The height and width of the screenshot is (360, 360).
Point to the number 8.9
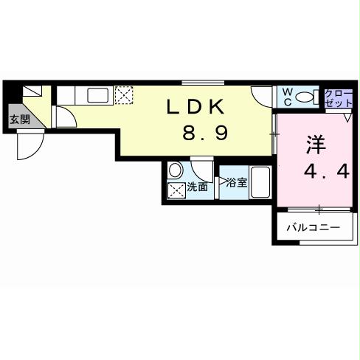coord(209,134)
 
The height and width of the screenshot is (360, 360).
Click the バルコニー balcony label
coord(314,229)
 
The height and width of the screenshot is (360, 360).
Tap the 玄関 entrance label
coord(20,120)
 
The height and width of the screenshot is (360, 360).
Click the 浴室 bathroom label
coord(236,181)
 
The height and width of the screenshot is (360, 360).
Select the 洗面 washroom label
coord(196,187)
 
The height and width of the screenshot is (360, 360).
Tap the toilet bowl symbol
coord(308,97)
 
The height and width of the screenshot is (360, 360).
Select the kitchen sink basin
coord(97,94)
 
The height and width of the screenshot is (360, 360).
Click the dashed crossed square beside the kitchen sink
coord(124,94)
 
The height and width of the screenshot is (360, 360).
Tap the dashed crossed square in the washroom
coord(176,190)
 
